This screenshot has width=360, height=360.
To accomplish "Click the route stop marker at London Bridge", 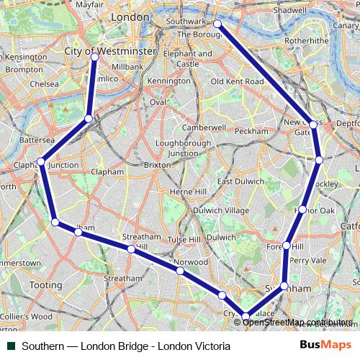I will click(217, 25).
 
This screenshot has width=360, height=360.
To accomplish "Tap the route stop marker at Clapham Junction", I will click(42, 162).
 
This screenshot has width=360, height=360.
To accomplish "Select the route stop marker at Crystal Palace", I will click(246, 316).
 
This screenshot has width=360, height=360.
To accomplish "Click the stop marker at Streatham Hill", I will click(131, 249).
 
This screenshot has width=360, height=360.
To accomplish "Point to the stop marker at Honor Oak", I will click(303, 210).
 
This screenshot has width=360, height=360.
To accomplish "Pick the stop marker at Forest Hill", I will click(287, 246).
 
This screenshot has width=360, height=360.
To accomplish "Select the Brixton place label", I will click(158, 164).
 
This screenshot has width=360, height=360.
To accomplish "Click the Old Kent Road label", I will click(237, 82).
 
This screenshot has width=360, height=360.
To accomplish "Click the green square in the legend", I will click(12, 346).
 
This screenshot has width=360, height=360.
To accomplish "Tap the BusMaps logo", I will click(326, 346).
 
